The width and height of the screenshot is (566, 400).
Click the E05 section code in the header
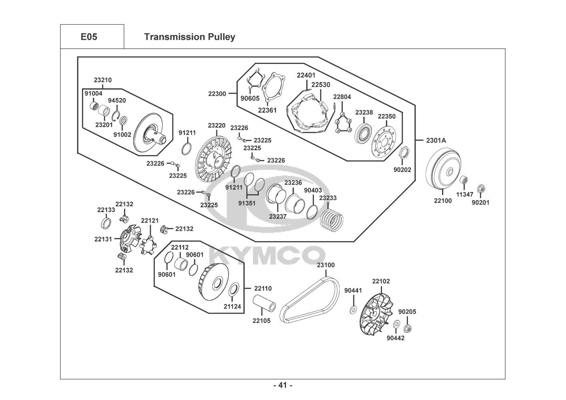(89, 37)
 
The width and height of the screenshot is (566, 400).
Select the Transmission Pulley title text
(190, 37)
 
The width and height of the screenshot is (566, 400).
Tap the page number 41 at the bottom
(283, 385)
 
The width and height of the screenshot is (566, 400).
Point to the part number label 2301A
(436, 140)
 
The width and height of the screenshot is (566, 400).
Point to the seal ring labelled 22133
(106, 223)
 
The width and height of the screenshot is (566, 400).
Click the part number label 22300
(217, 94)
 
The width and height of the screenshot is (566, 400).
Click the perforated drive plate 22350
(384, 142)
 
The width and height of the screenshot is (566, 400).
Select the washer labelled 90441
(353, 310)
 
